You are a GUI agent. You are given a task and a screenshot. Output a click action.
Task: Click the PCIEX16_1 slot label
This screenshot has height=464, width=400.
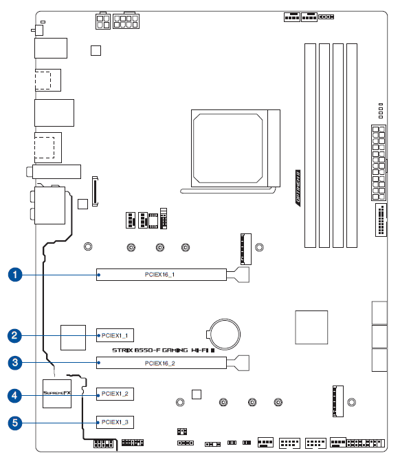click(x=159, y=275)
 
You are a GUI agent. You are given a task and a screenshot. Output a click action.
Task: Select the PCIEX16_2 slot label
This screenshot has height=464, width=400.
click(x=159, y=362)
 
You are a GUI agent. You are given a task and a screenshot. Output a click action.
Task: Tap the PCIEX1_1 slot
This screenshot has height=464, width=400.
click(x=114, y=336)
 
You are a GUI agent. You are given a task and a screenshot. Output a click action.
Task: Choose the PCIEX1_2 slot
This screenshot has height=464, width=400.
click(x=114, y=394)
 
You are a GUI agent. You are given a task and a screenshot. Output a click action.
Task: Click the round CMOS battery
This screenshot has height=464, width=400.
click(x=224, y=333)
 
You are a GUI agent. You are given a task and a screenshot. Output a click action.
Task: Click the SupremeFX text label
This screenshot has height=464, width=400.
click(x=57, y=394)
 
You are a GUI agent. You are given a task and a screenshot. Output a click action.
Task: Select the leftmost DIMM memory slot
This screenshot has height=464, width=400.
click(x=309, y=145)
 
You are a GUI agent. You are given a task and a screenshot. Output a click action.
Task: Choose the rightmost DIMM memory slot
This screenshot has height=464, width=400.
click(x=352, y=145)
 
